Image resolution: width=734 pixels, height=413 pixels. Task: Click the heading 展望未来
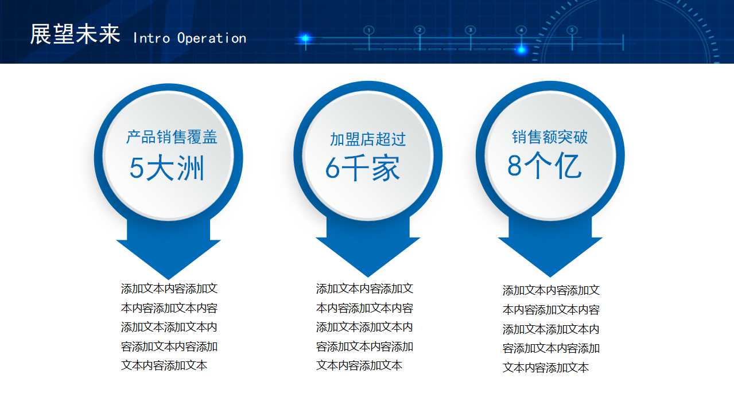click(75, 34)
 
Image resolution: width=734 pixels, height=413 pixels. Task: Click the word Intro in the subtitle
click(152, 38)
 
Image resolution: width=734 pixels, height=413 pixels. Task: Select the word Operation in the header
click(211, 38)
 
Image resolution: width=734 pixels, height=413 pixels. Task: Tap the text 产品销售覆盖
click(172, 137)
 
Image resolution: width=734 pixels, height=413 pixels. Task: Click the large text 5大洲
click(166, 169)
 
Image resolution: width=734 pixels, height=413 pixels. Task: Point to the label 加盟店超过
click(367, 139)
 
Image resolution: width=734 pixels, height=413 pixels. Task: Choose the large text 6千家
click(363, 169)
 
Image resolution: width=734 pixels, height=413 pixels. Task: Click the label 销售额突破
click(550, 137)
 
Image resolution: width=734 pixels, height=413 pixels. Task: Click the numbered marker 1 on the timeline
click(369, 30)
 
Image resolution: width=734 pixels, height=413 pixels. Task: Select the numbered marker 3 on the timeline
click(470, 30)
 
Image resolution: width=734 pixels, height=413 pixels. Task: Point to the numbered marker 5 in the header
click(572, 30)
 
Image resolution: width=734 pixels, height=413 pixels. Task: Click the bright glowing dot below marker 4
click(521, 49)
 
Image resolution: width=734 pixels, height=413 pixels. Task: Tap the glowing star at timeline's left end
click(305, 38)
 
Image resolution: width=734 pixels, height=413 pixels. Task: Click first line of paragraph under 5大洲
click(169, 289)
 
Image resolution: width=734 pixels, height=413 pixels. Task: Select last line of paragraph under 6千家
click(359, 365)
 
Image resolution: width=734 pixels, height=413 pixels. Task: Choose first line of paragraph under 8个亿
click(551, 290)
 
